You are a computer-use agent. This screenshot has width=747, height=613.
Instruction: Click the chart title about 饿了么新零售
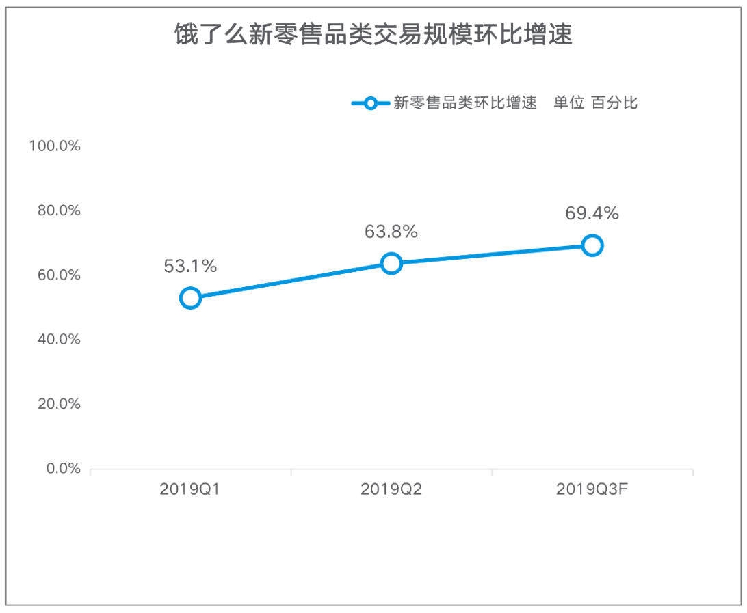[373, 34]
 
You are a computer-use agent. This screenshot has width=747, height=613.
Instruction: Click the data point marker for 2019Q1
[190, 298]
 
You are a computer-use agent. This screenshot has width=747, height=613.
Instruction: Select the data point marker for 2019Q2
[391, 263]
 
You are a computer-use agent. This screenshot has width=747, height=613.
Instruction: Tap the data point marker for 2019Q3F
[592, 245]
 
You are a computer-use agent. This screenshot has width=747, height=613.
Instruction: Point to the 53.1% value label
[190, 267]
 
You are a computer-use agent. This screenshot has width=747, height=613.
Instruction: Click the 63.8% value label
[391, 232]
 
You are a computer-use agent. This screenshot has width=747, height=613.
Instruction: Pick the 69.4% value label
[592, 214]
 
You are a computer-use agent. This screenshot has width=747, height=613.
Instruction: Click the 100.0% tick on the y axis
[55, 146]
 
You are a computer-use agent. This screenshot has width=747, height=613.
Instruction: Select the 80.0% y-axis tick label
[59, 210]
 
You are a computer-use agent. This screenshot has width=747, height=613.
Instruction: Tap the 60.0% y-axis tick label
[59, 275]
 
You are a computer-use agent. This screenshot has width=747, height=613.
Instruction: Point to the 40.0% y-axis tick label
[59, 340]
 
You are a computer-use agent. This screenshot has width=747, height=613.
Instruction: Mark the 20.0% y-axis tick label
[59, 404]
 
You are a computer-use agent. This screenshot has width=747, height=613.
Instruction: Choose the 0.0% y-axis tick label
[63, 469]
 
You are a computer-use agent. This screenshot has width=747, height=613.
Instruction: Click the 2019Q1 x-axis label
[190, 489]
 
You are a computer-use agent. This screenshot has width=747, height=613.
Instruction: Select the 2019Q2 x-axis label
[391, 489]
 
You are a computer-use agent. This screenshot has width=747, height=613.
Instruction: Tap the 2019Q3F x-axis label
[592, 489]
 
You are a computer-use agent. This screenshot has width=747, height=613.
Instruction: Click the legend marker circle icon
[370, 103]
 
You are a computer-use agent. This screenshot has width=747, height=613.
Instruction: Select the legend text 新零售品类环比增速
[464, 103]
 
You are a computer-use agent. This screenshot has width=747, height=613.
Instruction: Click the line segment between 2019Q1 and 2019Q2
[291, 281]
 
